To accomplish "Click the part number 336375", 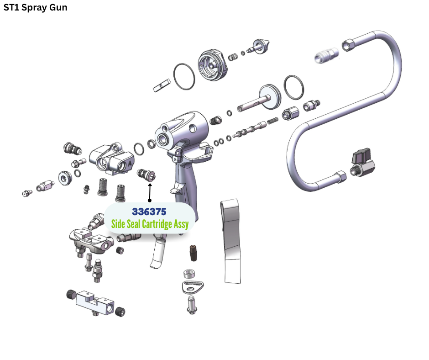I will (x=149, y=212).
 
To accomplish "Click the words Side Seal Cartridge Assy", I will (x=150, y=224).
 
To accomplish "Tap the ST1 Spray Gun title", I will (x=35, y=8).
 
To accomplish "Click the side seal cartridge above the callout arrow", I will (x=146, y=175).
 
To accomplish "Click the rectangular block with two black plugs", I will (x=95, y=301).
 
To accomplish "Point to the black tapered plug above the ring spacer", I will (x=192, y=252).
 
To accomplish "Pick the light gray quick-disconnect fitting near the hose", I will (x=327, y=56).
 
